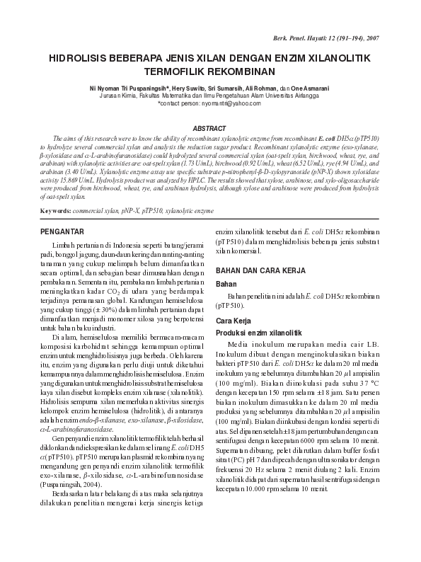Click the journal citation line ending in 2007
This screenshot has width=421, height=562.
tap(338, 36)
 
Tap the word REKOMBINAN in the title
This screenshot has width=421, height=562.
tap(238, 71)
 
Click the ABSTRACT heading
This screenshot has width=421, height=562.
tap(210, 128)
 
